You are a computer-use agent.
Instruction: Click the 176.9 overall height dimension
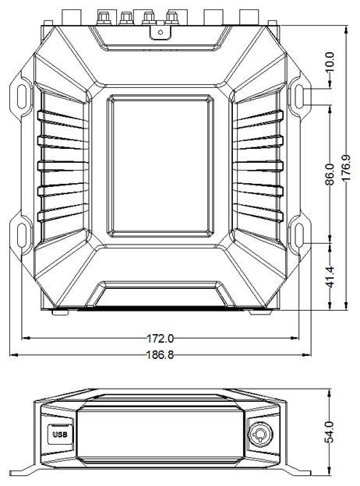pos(347,167)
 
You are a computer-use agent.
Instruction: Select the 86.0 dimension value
pos(330,174)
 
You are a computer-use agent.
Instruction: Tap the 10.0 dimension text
pos(330,62)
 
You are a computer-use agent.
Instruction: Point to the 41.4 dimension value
pos(330,276)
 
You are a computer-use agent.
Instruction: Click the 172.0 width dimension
pos(160,338)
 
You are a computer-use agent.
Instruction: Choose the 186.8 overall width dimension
pos(160,354)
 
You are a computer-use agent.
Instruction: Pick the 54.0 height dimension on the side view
pos(330,431)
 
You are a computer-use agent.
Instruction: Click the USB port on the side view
pos(59,435)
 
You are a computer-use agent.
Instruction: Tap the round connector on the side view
pos(260,433)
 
